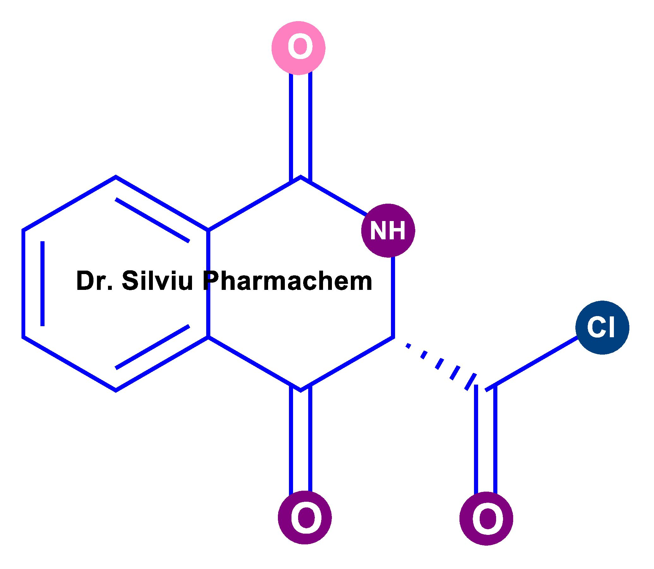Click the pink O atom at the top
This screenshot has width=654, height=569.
pyautogui.click(x=298, y=48)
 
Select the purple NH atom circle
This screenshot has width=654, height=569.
pyautogui.click(x=388, y=230)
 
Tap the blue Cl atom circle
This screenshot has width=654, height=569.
pyautogui.click(x=602, y=327)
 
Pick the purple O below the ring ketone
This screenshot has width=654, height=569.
pyautogui.click(x=305, y=518)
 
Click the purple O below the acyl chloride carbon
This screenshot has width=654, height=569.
pyautogui.click(x=486, y=518)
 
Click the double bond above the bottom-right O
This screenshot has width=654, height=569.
pyautogui.click(x=486, y=440)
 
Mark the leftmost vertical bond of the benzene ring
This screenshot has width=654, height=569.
pyautogui.click(x=23, y=283)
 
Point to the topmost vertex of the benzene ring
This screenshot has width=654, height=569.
pyautogui.click(x=116, y=177)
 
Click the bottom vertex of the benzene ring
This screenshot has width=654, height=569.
pyautogui.click(x=116, y=390)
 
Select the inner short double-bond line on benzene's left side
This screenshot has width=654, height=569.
pyautogui.click(x=43, y=284)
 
